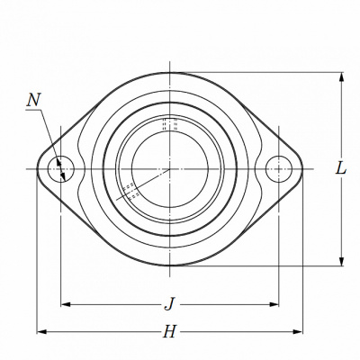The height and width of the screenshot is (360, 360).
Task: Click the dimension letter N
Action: coord(33,100)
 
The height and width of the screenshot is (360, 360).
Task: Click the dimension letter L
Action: coord(340,168)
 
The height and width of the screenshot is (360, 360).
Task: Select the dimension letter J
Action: coord(169,304)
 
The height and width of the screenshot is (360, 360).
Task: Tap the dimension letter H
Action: coord(169,331)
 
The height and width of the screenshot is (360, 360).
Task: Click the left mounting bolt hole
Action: coord(60,169)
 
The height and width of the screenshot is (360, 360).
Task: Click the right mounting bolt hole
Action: coord(279,169)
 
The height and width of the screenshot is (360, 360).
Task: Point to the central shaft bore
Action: coord(170,169)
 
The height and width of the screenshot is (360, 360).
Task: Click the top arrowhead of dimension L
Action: coord(341,76)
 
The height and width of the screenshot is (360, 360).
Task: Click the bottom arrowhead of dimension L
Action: coord(341,261)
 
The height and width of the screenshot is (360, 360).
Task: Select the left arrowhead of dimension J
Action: coord(66,304)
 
